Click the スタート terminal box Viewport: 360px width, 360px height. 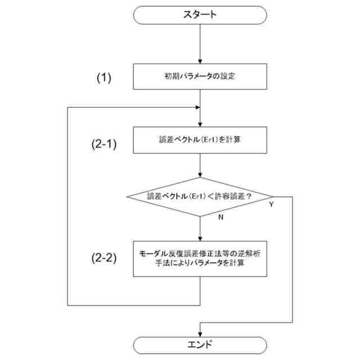200,15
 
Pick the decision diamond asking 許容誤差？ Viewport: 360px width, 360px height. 200,196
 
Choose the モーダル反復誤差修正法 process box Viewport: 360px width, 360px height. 200,258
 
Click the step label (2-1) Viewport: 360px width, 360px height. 103,143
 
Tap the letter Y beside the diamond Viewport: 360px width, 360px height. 271,205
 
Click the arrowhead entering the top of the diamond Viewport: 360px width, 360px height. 200,175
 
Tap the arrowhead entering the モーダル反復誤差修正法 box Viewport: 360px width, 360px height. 200,238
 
